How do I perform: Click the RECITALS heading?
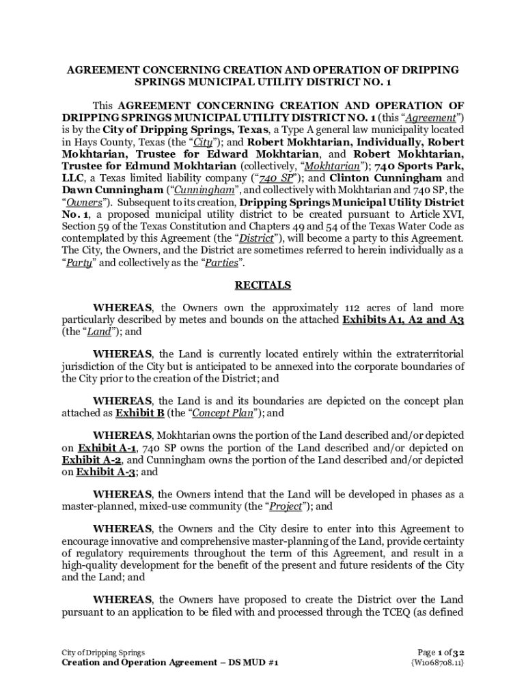(x=263, y=285)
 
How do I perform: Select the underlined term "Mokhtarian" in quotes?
(x=330, y=166)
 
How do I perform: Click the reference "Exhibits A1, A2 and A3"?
(x=403, y=319)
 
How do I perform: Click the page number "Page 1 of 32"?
(x=440, y=653)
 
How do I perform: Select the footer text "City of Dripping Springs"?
(x=102, y=653)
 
